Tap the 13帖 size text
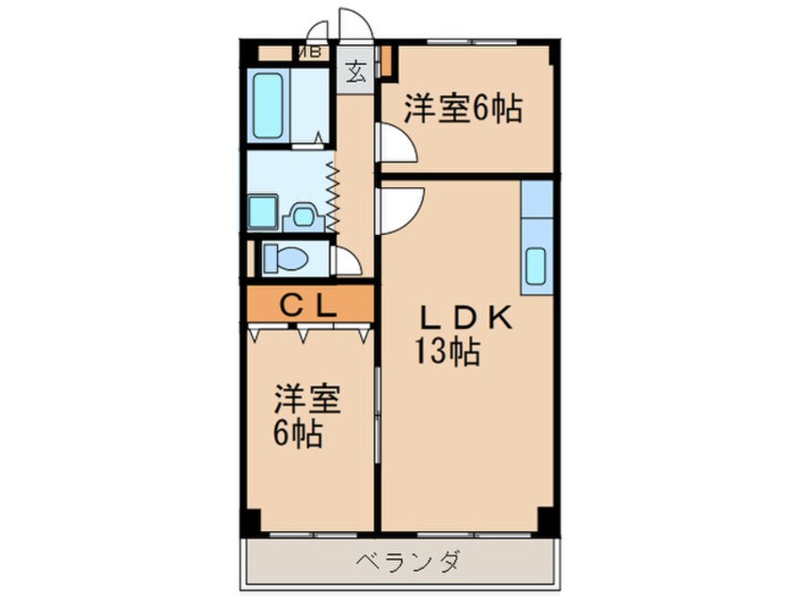(448, 353)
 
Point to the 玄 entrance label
(355, 71)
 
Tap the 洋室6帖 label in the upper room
(462, 110)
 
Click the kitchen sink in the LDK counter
(537, 266)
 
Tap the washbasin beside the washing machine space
(303, 216)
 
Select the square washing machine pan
(263, 212)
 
